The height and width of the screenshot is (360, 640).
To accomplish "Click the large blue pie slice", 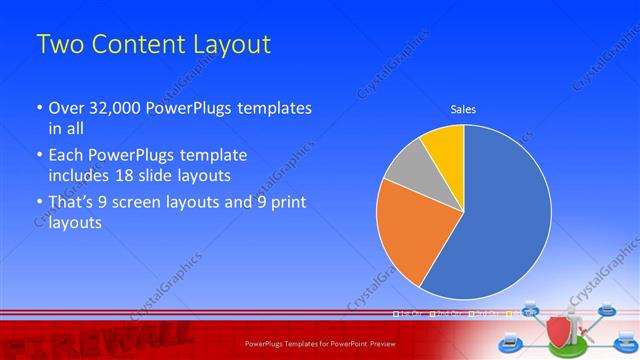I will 500,215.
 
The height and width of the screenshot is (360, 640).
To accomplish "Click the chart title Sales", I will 463,109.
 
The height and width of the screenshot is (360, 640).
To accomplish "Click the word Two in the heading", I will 61,45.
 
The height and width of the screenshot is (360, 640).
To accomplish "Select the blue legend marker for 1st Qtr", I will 397,314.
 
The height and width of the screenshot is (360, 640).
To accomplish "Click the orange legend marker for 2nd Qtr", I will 433,314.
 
